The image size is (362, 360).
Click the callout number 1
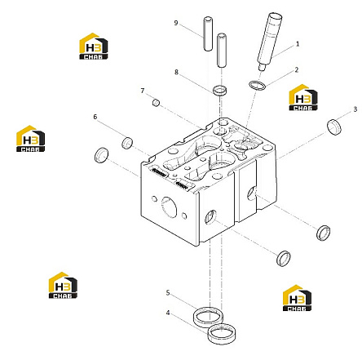coord(298,44)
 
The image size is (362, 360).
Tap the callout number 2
coord(297,70)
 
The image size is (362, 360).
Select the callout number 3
coord(355,109)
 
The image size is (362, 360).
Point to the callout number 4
coord(168,313)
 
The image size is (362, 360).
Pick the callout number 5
coord(168,293)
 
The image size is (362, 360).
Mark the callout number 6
coord(95,117)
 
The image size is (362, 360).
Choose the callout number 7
coord(143,91)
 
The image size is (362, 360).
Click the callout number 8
coord(176,72)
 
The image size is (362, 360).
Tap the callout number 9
coord(176,23)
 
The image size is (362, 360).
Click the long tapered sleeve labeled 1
coord(269,42)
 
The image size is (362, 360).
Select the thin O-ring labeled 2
coord(257,85)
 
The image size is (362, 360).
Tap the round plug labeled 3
coord(334,127)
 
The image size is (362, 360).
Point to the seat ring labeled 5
coord(208,317)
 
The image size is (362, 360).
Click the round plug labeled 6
coord(127,143)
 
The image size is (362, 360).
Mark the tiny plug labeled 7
coord(156,103)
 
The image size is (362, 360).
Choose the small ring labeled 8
coord(219,90)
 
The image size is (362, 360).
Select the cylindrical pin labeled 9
coord(208,33)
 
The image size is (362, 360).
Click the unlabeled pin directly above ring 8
coord(222,51)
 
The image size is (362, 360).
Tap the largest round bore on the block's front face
coord(169,207)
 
